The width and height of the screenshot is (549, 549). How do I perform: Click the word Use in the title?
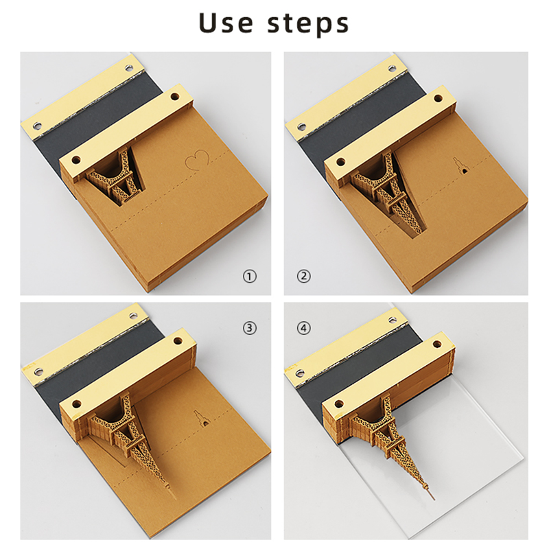coord(226,23)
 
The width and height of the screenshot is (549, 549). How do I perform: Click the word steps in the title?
coord(308,24)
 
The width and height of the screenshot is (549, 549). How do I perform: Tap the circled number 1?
coord(250,277)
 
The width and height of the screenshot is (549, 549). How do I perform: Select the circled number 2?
coord(303,277)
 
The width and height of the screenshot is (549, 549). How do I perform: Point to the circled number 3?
coord(250,328)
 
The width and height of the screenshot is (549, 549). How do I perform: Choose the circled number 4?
coord(303,328)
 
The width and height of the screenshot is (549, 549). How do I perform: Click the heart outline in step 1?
coord(197,160)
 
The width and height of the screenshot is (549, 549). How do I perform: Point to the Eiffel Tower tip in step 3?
coord(174,495)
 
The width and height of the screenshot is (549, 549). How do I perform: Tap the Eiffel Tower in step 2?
coord(388,194)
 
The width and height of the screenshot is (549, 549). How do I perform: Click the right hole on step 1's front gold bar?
coord(174,96)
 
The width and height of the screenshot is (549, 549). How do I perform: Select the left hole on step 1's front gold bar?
coord(75,161)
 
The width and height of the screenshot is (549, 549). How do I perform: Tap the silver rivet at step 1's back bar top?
coord(129,67)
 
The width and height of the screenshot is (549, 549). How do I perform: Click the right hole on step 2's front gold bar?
coord(438,97)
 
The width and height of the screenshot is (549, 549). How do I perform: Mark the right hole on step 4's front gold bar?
coord(437,344)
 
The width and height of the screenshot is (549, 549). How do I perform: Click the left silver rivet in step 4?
coord(301,371)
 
